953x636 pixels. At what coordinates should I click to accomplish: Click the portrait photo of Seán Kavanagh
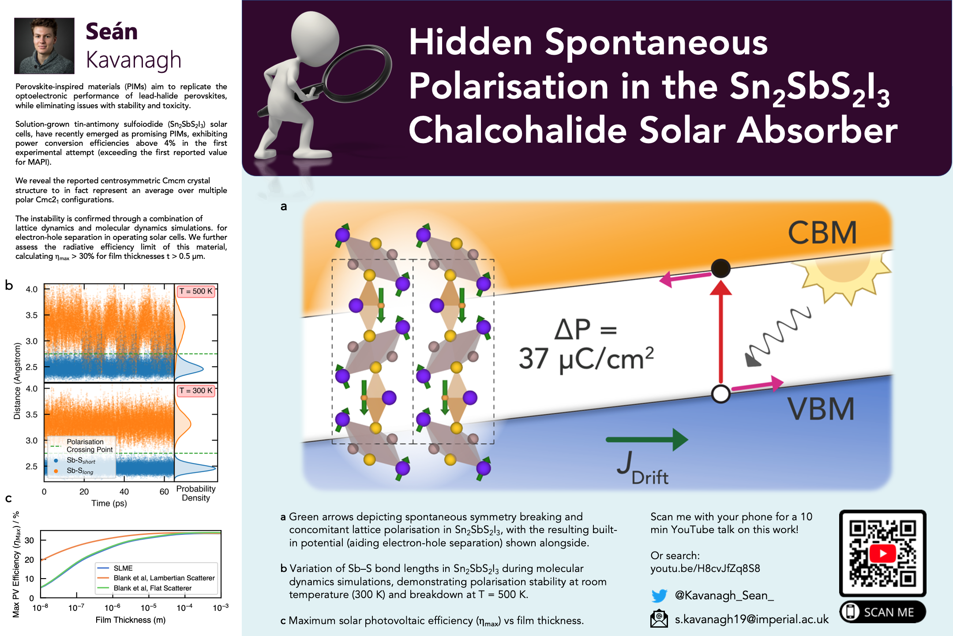click(44, 45)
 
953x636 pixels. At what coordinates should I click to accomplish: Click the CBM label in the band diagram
click(822, 233)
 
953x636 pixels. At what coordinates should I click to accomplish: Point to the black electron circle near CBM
click(721, 268)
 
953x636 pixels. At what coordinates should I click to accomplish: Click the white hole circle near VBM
click(721, 394)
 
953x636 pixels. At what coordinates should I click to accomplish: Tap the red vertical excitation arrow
click(721, 332)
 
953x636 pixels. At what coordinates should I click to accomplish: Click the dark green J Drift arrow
click(647, 439)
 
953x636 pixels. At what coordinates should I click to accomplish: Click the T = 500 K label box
click(196, 291)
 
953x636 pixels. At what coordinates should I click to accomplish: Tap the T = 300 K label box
click(196, 390)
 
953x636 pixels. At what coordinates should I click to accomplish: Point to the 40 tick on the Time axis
click(124, 492)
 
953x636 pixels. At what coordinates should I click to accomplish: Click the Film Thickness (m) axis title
click(131, 620)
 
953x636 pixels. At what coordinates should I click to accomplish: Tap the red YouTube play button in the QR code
click(883, 553)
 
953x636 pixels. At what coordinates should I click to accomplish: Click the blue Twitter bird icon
click(659, 596)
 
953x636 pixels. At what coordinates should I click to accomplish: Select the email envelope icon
click(659, 619)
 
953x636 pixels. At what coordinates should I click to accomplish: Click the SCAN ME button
click(883, 612)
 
